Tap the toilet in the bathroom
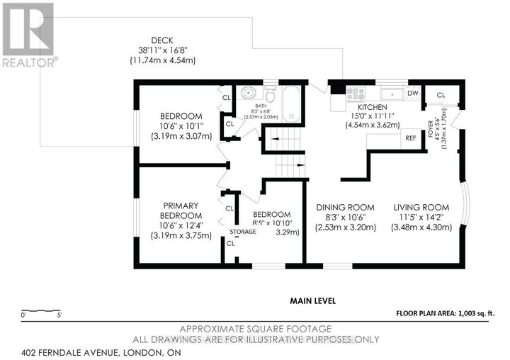click(270, 94)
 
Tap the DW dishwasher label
click(413, 94)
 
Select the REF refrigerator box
click(410, 138)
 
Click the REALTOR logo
click(28, 34)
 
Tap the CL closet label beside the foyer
click(441, 95)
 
